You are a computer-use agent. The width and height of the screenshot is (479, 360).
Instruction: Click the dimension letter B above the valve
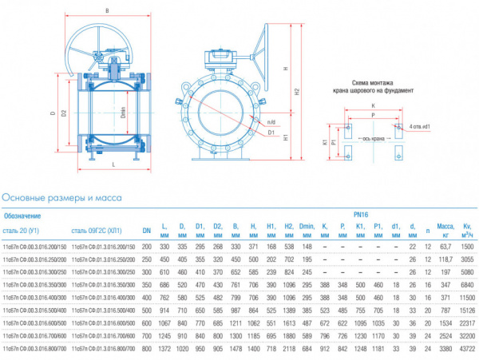[x=106, y=11]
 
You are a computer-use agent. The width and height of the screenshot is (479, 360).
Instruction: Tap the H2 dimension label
[x=298, y=92]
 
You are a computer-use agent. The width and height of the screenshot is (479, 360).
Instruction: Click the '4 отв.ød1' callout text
[x=421, y=126]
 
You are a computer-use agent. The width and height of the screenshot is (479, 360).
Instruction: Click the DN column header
[x=146, y=231]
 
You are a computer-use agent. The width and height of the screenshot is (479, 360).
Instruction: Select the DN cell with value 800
[x=146, y=349]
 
